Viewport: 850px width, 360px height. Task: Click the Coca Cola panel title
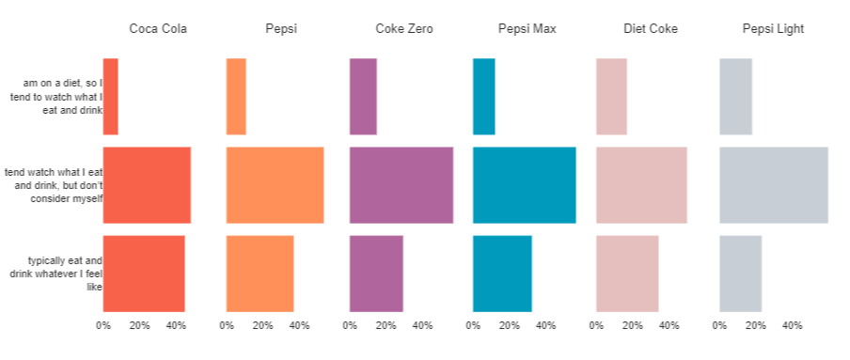tap(158, 29)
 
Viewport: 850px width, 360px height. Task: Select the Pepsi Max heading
tap(527, 29)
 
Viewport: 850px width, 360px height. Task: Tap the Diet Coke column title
tap(650, 29)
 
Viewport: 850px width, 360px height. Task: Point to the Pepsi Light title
tap(773, 29)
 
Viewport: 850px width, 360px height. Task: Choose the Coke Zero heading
tap(403, 29)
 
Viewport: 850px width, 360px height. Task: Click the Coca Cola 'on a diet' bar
tap(110, 97)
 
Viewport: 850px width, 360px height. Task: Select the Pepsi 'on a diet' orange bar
tap(236, 97)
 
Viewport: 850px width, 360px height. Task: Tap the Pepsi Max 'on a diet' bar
tap(483, 97)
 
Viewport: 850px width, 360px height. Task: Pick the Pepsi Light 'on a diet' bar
tap(735, 97)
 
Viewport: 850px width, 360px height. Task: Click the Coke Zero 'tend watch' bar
tap(401, 185)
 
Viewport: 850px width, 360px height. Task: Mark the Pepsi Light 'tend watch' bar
tap(773, 185)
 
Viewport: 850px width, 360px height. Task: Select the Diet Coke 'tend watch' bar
tap(641, 185)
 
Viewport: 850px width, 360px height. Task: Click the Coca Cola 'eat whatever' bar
tap(144, 274)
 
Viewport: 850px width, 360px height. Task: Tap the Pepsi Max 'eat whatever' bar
tap(502, 274)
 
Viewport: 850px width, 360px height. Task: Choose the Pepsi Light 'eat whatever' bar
tap(740, 274)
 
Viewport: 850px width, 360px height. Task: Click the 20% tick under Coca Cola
tap(139, 326)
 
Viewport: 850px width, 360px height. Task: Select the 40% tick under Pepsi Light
tap(793, 326)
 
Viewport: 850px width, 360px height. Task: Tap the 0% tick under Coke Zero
tap(350, 326)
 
